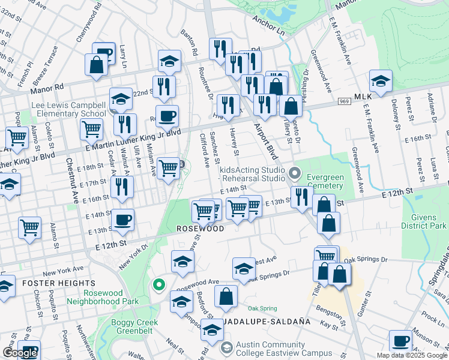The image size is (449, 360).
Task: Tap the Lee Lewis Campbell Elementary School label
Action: (69, 109)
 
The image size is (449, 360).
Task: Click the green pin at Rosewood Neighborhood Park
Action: (158, 284)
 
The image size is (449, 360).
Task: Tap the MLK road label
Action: (363, 97)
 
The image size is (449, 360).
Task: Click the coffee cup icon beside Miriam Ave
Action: (167, 115)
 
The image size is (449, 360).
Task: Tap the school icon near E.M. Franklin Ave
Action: (381, 80)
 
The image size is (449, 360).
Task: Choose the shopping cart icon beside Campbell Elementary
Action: (91, 128)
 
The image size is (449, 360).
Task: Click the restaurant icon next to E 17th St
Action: (122, 187)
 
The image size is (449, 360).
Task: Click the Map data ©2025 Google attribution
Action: (412, 355)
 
